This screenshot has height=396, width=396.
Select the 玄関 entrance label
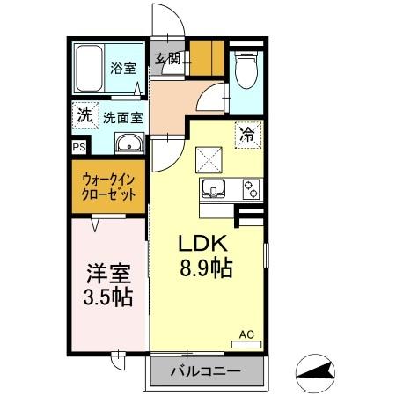[x=167, y=60]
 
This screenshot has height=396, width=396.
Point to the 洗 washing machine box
[x=84, y=114]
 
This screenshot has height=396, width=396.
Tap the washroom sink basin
[x=128, y=143]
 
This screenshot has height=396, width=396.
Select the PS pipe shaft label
[x=79, y=147]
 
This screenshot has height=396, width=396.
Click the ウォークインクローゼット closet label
[x=110, y=187]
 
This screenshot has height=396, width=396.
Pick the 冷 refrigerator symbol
[x=247, y=136]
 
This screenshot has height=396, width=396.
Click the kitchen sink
[x=214, y=188]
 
